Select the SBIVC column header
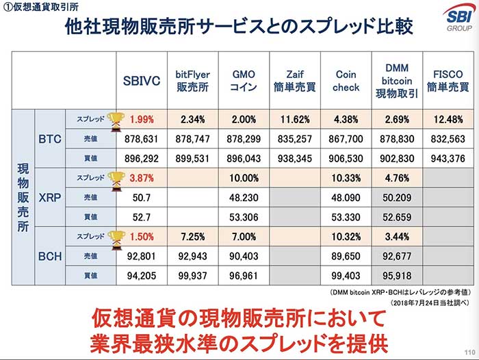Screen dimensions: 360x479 click(x=142, y=79)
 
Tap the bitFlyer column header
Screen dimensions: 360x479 click(x=192, y=79)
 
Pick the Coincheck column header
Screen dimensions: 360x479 click(x=346, y=79)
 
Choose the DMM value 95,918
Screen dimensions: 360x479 click(x=398, y=277)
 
